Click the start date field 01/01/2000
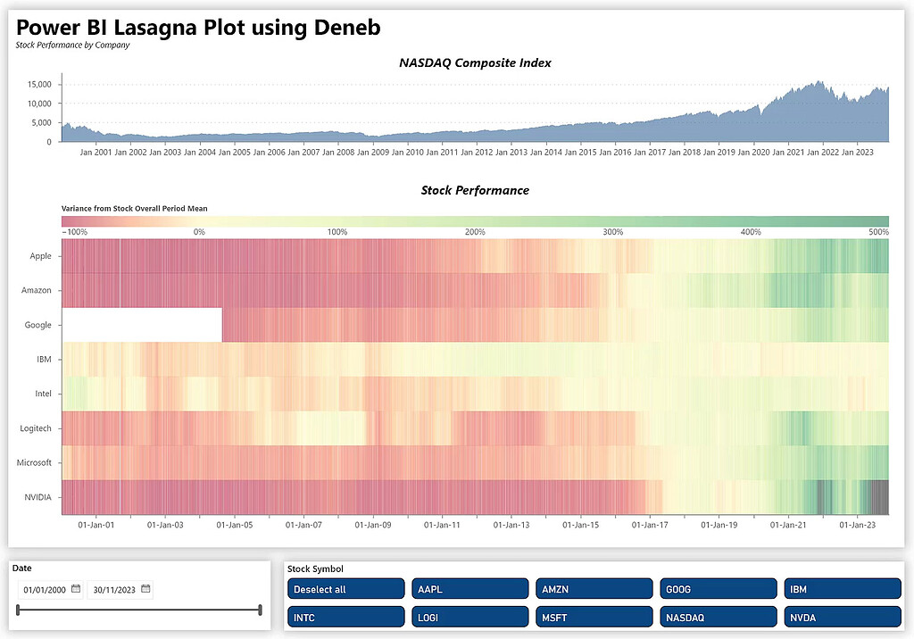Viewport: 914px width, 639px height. pos(45,589)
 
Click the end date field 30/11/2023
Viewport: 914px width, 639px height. pos(113,589)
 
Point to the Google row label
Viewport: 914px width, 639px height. pos(38,325)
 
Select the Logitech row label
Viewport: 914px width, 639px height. pos(36,428)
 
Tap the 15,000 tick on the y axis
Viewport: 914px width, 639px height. pos(37,85)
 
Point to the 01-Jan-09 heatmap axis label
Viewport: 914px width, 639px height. pos(373,525)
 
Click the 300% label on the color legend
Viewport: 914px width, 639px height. pos(612,232)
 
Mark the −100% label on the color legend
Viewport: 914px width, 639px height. pos(74,232)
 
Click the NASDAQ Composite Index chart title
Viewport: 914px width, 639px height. pos(475,62)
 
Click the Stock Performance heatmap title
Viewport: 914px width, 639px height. pos(475,190)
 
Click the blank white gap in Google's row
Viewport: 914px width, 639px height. pos(142,325)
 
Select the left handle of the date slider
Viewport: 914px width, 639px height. pos(18,610)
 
